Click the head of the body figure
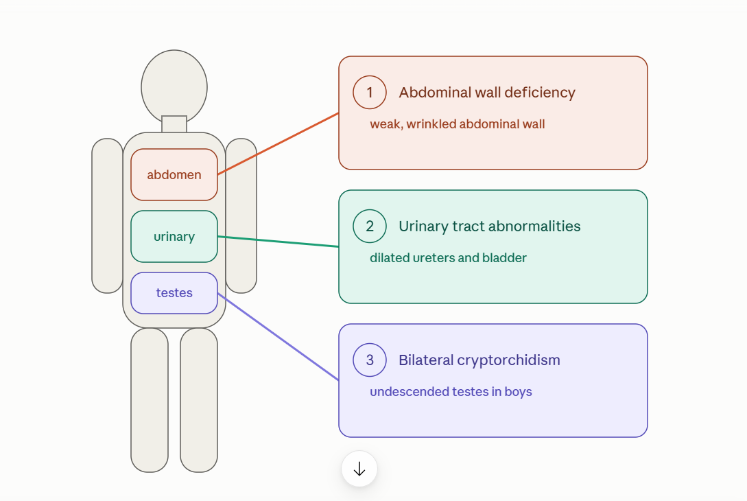pyautogui.click(x=174, y=86)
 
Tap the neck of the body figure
pyautogui.click(x=174, y=124)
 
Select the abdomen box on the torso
pyautogui.click(x=174, y=174)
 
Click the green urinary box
pyautogui.click(x=174, y=237)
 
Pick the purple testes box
pyautogui.click(x=174, y=292)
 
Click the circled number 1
pyautogui.click(x=370, y=92)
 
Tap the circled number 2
pyautogui.click(x=370, y=226)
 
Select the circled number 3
pyautogui.click(x=370, y=360)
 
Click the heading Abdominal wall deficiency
pyautogui.click(x=487, y=93)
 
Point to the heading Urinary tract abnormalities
pyautogui.click(x=489, y=226)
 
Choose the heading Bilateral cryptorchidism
pyautogui.click(x=479, y=360)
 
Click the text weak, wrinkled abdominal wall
pyautogui.click(x=458, y=124)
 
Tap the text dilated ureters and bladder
pyautogui.click(x=449, y=258)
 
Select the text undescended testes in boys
pyautogui.click(x=451, y=392)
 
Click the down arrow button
pyautogui.click(x=359, y=469)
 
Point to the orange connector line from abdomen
pyautogui.click(x=278, y=143)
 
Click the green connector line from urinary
pyautogui.click(x=278, y=241)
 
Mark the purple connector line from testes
pyautogui.click(x=278, y=336)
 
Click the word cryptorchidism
pyautogui.click(x=509, y=360)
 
